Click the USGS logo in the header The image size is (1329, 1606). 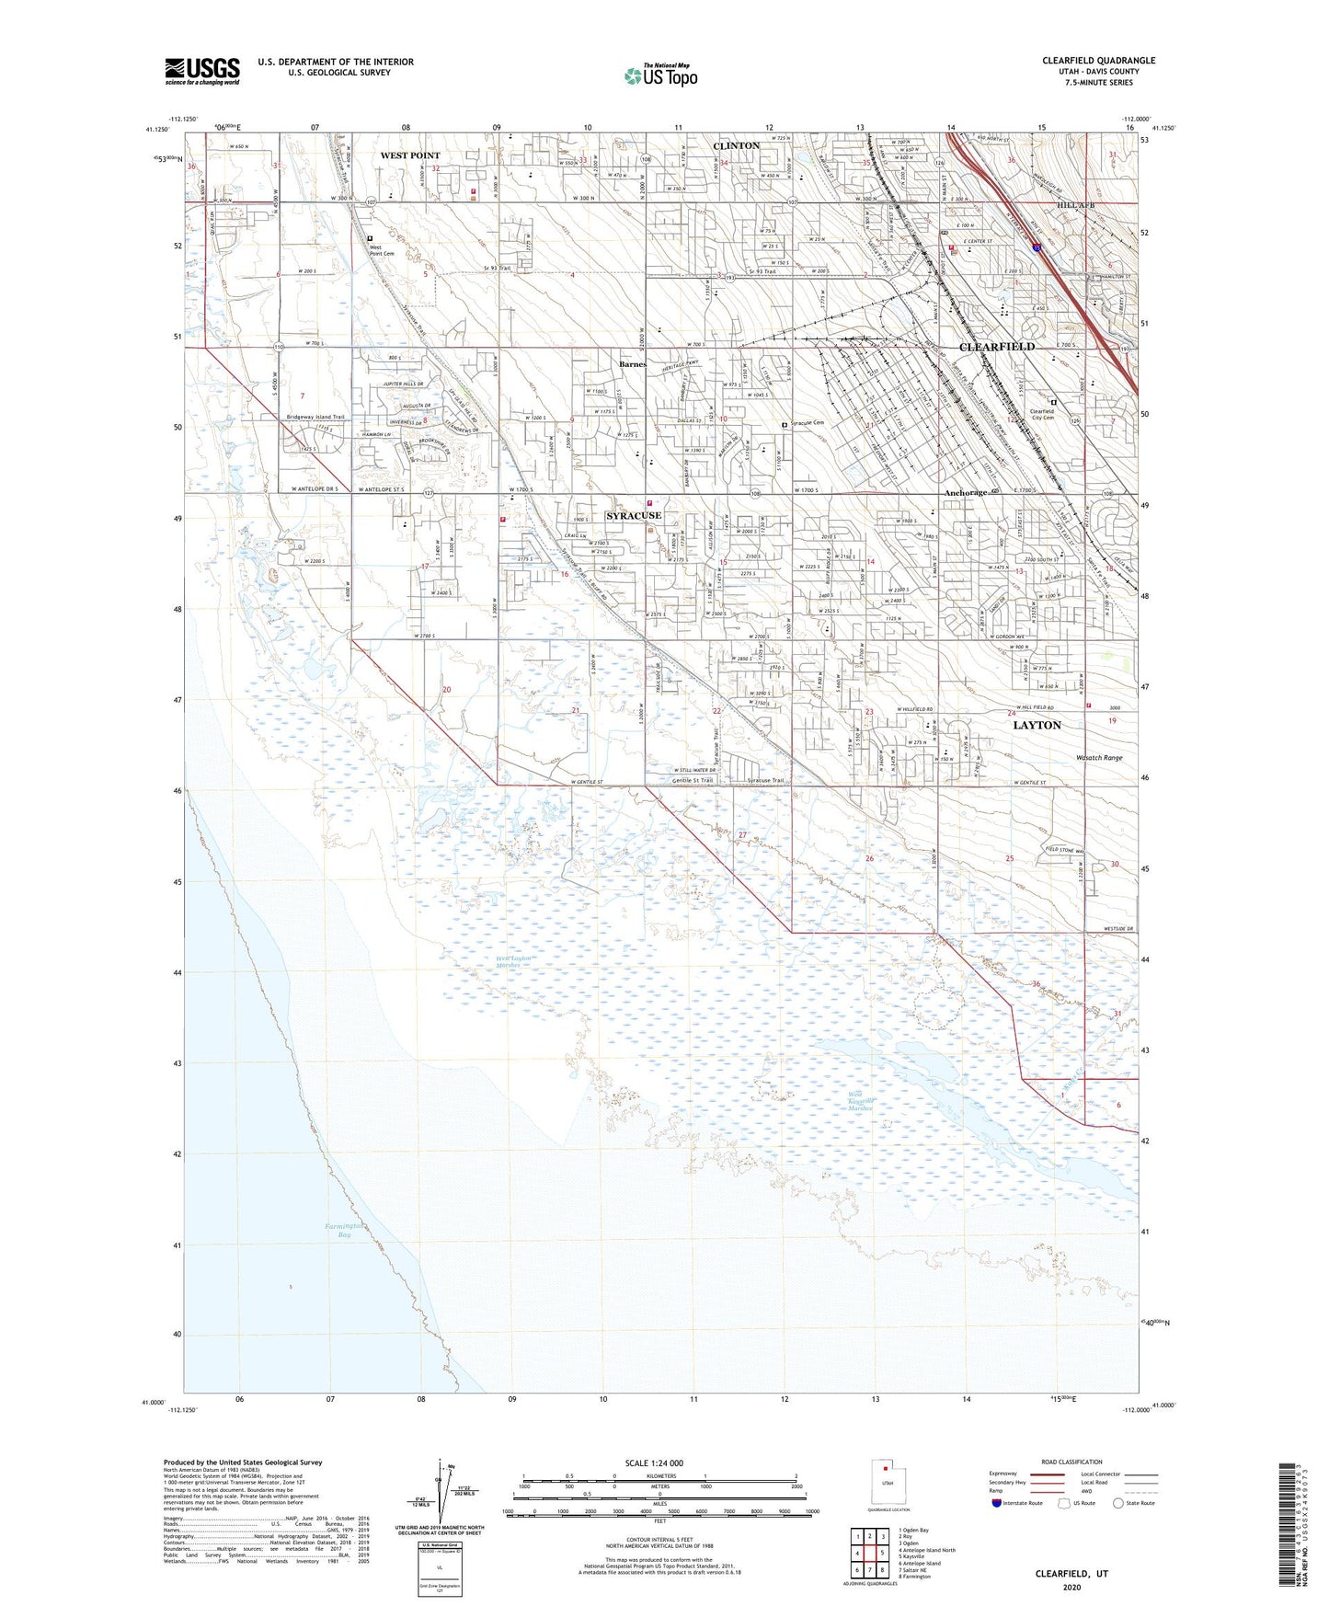pos(201,71)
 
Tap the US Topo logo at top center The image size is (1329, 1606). pos(660,75)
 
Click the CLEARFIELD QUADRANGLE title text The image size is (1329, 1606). pos(1098,61)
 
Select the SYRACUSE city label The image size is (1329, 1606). pos(633,516)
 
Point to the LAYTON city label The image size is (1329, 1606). pos(1037,725)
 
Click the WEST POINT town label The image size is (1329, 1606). pos(410,155)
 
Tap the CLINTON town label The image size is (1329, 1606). pos(736,146)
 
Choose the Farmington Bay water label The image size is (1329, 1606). pos(344,1230)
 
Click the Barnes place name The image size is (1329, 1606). pos(633,364)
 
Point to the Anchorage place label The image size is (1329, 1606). pos(966,493)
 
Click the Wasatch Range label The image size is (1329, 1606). pos(1099,758)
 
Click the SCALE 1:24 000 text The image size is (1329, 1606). pos(654,1463)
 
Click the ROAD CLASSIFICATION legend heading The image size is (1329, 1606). pos(1071,1462)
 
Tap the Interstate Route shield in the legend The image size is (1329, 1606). pos(997,1503)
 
